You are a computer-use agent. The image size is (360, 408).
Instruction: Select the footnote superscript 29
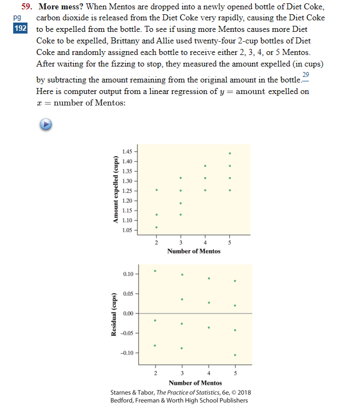[x=306, y=74]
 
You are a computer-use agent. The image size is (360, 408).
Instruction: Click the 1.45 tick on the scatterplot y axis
[x=127, y=151]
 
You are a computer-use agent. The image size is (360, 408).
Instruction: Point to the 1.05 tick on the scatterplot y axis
[x=127, y=230]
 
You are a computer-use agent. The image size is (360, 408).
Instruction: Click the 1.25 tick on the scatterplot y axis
[x=127, y=191]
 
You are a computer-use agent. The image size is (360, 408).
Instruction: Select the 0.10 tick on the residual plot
[x=128, y=274]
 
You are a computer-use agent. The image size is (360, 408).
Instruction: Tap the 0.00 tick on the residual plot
[x=128, y=313]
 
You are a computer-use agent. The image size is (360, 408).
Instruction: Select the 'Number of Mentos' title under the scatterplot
[x=193, y=251]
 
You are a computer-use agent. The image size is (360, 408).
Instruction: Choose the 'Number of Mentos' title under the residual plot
[x=195, y=383]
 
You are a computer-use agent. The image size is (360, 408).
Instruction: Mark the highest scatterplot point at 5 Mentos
[x=230, y=153]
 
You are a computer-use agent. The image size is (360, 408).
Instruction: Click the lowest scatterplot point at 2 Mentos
[x=156, y=227]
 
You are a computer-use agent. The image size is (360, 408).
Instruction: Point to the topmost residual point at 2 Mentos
[x=156, y=271]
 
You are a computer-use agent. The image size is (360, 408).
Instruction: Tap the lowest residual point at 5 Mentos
[x=235, y=355]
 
